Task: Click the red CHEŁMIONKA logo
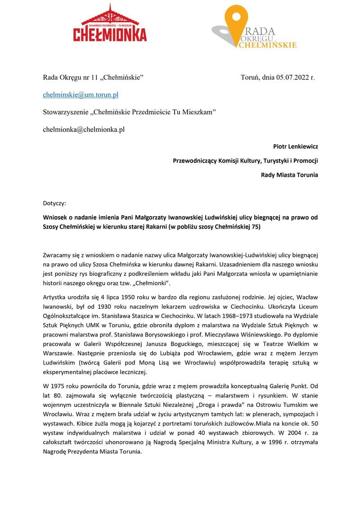110,25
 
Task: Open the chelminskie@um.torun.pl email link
81,95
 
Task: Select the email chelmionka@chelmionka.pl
83,130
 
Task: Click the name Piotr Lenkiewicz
295,146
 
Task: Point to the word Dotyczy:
54,203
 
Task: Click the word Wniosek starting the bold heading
56,217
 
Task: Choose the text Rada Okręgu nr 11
70,77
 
